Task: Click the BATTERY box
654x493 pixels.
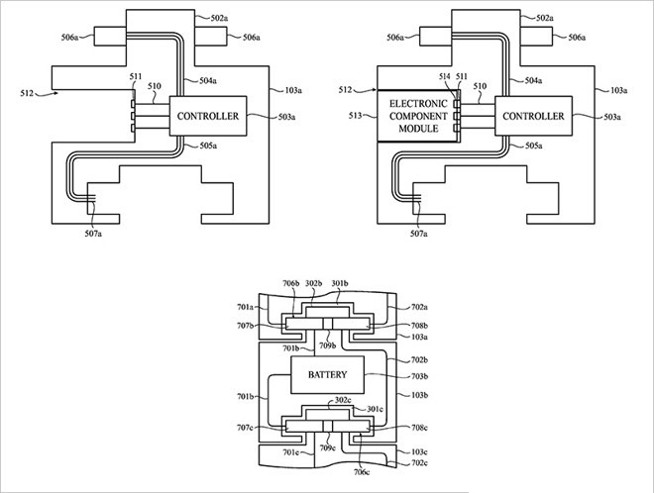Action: (x=327, y=374)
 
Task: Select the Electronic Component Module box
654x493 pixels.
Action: (x=418, y=116)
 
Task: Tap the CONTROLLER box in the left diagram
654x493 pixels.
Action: (x=208, y=116)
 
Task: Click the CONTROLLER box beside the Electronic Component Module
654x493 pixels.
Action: (x=533, y=116)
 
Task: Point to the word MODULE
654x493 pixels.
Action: (x=418, y=129)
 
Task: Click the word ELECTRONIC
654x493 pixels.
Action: (x=418, y=103)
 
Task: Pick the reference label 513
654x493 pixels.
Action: (x=356, y=116)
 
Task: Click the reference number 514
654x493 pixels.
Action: (x=445, y=76)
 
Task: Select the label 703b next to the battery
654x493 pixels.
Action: (x=419, y=376)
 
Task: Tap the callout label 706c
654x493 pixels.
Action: (x=362, y=472)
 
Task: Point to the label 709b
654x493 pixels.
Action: (x=327, y=345)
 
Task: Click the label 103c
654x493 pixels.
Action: (x=419, y=451)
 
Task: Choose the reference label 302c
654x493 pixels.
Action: (x=343, y=400)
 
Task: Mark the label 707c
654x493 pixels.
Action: (x=245, y=428)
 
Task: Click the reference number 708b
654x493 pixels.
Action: (x=419, y=326)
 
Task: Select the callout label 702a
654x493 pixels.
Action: (x=419, y=307)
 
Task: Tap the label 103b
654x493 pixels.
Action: (x=419, y=395)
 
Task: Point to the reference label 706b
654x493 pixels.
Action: (x=291, y=283)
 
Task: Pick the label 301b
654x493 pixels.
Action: (x=340, y=283)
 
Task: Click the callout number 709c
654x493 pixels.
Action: (x=327, y=448)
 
